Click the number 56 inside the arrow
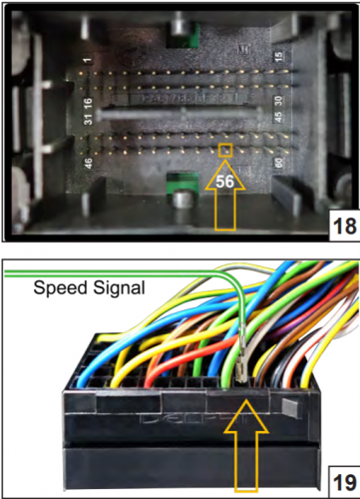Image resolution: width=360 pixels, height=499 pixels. pos(226,183)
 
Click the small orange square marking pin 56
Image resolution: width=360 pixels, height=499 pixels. pos(226,151)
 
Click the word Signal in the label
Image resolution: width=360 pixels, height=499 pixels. pos(119,288)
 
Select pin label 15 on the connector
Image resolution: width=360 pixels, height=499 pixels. pos(278,59)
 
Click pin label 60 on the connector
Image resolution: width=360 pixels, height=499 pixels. pos(278,162)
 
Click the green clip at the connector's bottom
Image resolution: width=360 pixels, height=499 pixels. pos(180,187)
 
